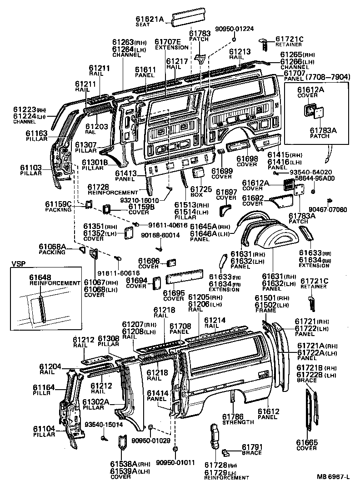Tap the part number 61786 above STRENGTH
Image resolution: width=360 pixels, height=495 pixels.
(x=232, y=416)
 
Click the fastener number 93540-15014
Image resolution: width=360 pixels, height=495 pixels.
(x=104, y=425)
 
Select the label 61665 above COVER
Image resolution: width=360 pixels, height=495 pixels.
(x=307, y=442)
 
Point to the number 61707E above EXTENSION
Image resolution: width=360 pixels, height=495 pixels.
(x=168, y=42)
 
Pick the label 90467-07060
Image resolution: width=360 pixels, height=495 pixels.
(x=328, y=210)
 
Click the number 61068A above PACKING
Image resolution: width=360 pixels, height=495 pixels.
(x=53, y=247)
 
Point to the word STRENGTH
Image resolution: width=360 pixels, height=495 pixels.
(x=238, y=422)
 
